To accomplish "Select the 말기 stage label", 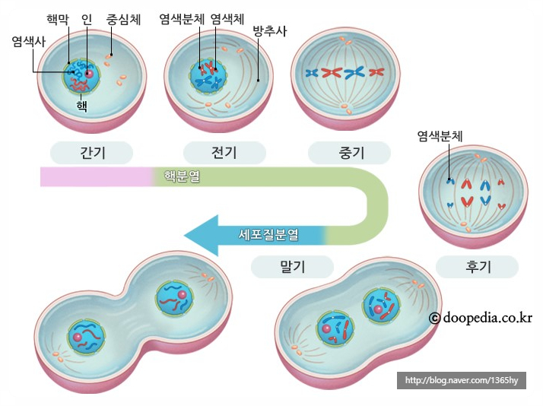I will pos(292,266).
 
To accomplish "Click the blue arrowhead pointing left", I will pos(199,234).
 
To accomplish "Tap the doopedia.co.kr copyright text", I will pos(480,318).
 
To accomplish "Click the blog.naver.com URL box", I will pos(461,380).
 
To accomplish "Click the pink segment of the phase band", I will pos(95,176).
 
